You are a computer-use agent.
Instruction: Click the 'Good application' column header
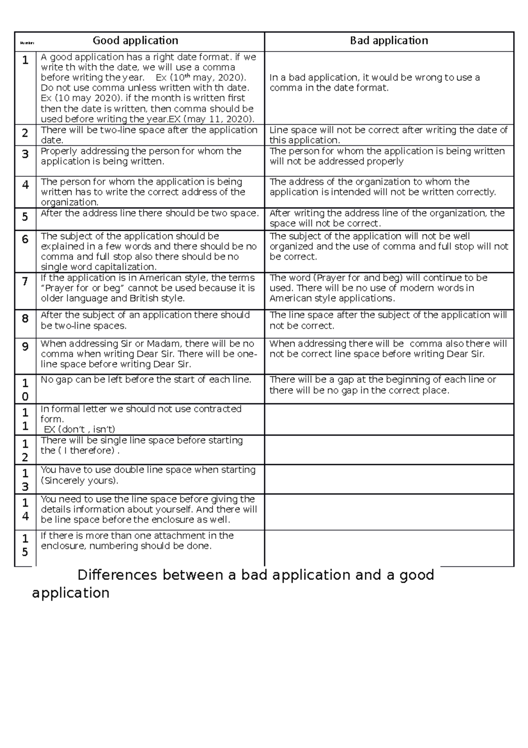point(135,41)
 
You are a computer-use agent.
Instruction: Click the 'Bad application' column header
point(389,41)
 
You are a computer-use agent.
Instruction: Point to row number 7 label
point(25,281)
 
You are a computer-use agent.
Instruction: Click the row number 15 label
point(25,545)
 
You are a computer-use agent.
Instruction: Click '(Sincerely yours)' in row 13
point(79,480)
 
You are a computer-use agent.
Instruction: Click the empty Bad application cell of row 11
point(389,419)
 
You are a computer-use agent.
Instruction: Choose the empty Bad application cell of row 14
point(389,511)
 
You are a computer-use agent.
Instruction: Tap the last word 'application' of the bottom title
point(71,593)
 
